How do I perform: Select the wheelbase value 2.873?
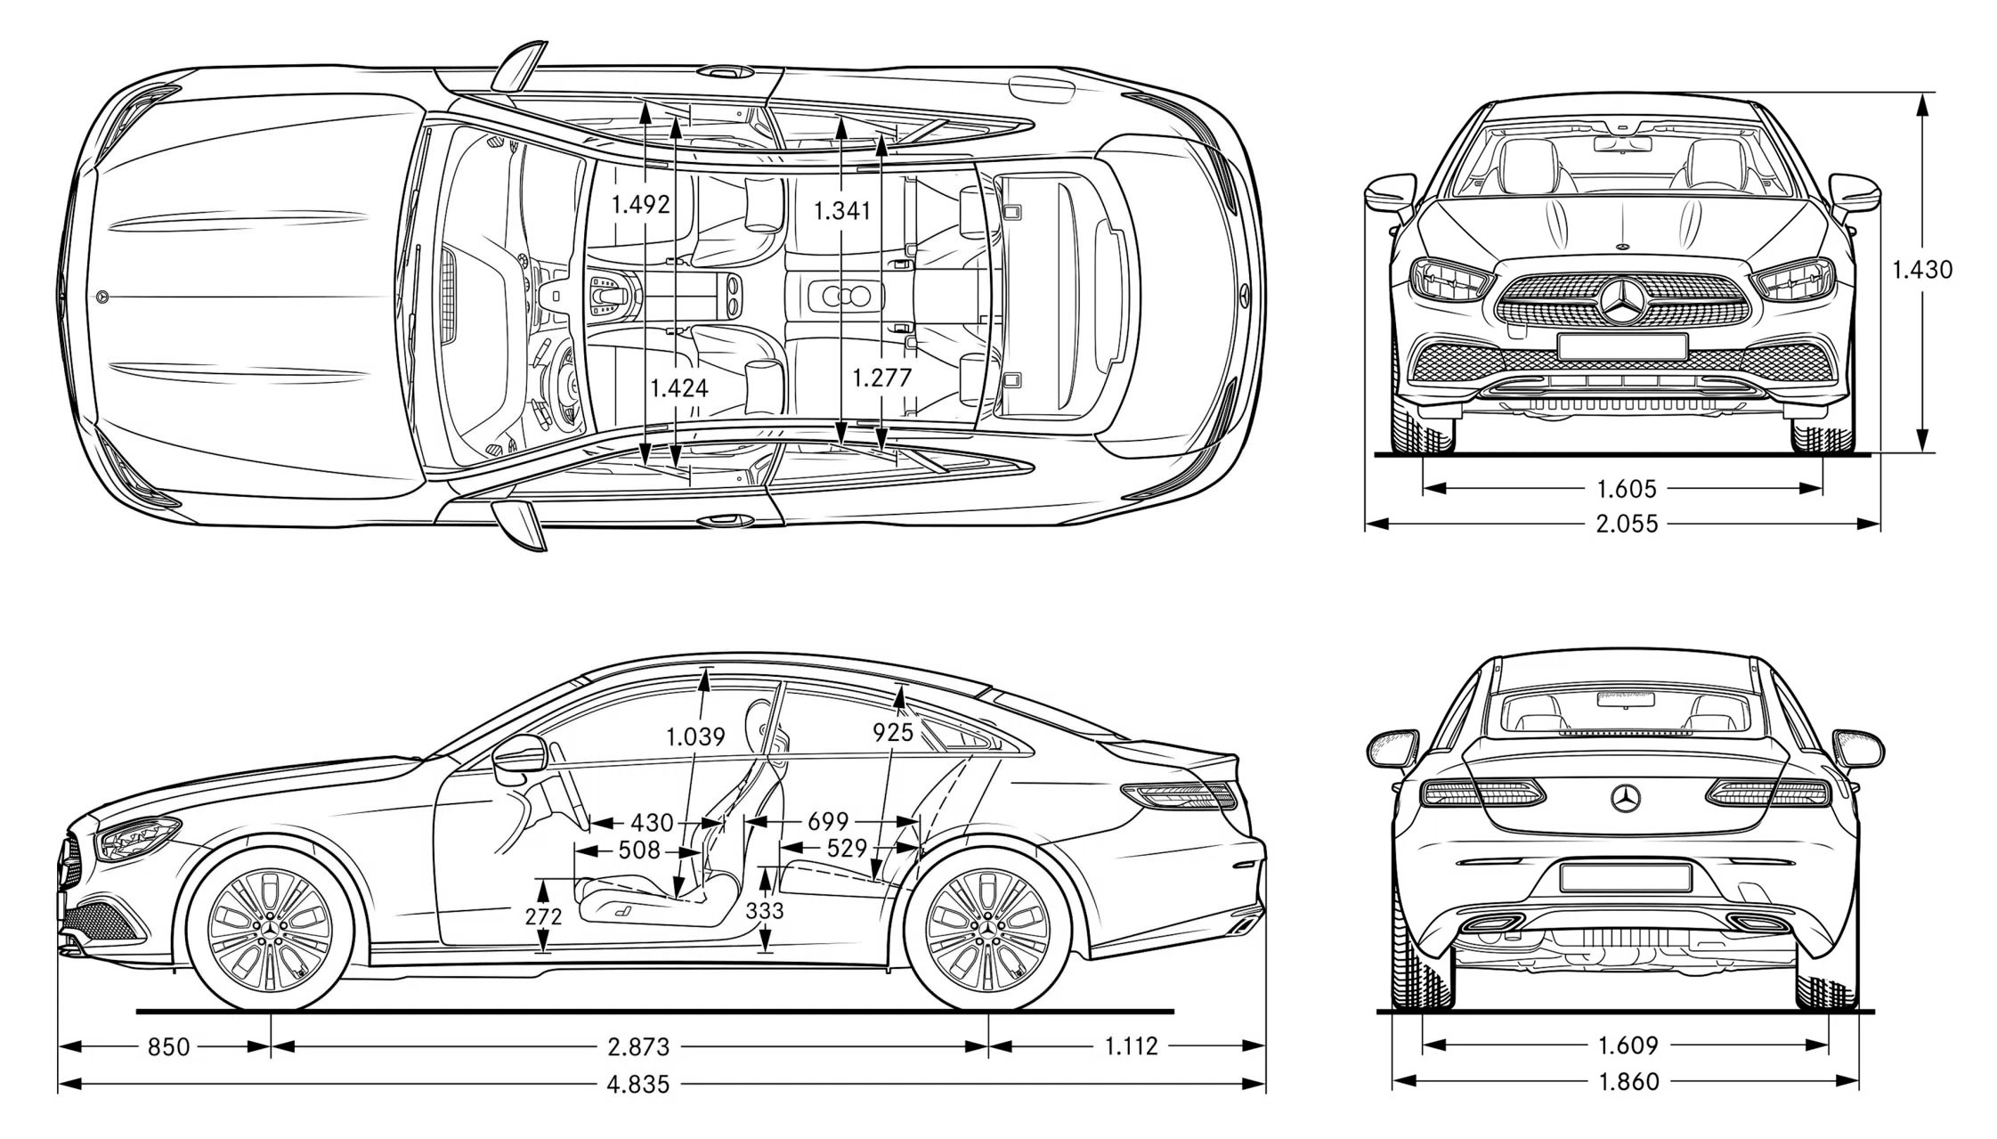pos(638,1046)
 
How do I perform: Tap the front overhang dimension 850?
pos(168,1046)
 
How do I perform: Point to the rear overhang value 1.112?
pos(1131,1045)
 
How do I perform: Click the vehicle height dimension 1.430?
pos(1922,269)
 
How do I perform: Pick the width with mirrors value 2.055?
pos(1627,524)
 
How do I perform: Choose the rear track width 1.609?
pos(1628,1045)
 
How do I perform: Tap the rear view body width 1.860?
pos(1628,1081)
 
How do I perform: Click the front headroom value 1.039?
pos(695,736)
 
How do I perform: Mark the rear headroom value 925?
pos(893,732)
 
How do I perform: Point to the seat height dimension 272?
pos(543,915)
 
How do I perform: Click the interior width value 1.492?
pos(640,205)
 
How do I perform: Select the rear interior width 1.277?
pos(881,378)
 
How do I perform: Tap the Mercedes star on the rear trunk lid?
pos(1626,798)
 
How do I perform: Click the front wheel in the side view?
pos(270,930)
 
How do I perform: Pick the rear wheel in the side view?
pos(987,930)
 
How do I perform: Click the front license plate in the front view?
pos(1622,346)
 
